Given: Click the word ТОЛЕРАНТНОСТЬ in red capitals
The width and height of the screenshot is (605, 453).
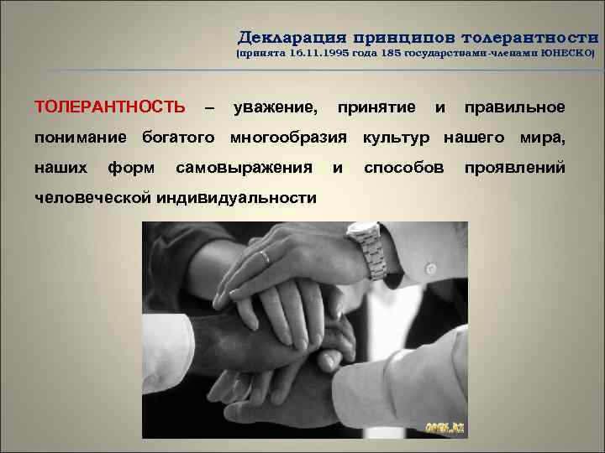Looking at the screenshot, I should coord(109,107).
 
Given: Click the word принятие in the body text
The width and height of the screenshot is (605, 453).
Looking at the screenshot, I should coord(376,107).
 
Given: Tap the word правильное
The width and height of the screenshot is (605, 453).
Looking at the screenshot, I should coord(514,107).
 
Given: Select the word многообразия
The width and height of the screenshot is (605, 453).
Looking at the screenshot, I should coord(288,137).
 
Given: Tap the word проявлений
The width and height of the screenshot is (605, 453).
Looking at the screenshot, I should coord(515,167).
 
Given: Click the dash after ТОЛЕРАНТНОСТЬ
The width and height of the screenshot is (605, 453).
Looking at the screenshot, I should coord(209,107).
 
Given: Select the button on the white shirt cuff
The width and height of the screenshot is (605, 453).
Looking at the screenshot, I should coord(431,269).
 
